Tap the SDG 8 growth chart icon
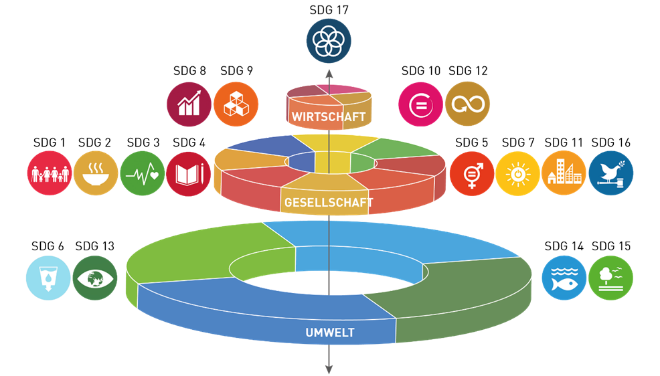point(189,104)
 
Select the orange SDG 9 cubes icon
point(236,104)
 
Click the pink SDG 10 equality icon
point(420,104)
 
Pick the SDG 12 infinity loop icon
point(467,104)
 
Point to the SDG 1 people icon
point(50,173)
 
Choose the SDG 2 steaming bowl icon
point(96,173)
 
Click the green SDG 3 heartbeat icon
point(143,173)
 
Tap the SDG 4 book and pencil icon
point(189,173)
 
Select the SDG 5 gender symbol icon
point(472,173)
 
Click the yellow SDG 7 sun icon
point(518,173)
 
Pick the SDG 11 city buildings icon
point(564,173)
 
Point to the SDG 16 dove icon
point(611,173)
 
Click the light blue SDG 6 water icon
point(48,277)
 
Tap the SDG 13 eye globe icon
point(95,277)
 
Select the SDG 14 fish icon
point(564,277)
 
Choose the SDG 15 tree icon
point(611,277)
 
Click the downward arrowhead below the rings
point(329,368)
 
